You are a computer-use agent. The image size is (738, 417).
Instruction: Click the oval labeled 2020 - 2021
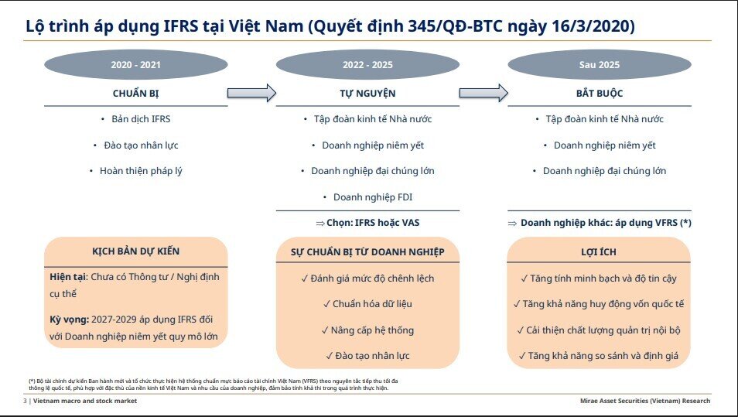coord(135,65)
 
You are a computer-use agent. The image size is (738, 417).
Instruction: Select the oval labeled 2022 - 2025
coord(367,65)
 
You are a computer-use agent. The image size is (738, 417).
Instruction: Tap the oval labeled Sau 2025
coord(600,65)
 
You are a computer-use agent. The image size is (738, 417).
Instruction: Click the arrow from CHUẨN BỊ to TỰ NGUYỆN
coord(251,93)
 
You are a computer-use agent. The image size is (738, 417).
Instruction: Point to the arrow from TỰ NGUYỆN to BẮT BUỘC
coord(483,93)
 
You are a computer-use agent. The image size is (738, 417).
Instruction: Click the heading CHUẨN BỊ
coord(135,94)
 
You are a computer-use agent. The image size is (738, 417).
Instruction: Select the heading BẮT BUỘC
coord(600,94)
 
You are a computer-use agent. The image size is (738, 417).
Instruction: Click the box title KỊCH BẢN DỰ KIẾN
coord(135,251)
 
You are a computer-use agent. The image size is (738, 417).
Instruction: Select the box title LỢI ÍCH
coord(599,252)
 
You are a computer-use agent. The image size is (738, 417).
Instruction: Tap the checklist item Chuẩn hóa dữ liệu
coord(367,304)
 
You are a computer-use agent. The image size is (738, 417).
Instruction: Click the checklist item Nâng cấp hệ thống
coord(367,330)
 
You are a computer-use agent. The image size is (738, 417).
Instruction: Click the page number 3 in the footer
coord(25,401)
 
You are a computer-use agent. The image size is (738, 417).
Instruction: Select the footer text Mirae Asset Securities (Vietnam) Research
coord(644,401)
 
